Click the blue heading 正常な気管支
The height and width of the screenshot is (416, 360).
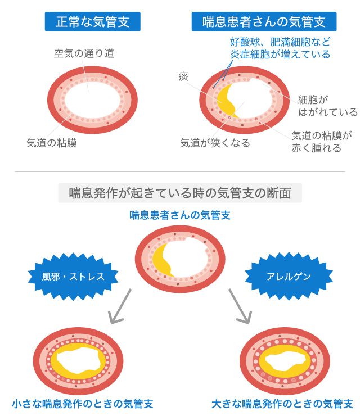click(92, 22)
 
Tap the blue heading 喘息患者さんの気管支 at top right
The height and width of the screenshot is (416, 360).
click(264, 22)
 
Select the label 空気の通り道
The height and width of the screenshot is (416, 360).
click(84, 54)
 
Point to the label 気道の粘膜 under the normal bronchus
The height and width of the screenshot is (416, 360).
click(52, 142)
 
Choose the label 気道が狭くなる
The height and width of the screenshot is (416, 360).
click(214, 143)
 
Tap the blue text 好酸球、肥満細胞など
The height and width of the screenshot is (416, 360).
click(280, 42)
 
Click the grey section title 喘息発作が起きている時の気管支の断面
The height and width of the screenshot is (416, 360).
click(180, 193)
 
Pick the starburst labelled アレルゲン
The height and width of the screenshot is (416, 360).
click(289, 276)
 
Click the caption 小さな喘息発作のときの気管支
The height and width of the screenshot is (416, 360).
click(82, 404)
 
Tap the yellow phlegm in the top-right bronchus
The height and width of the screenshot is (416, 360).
click(226, 101)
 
